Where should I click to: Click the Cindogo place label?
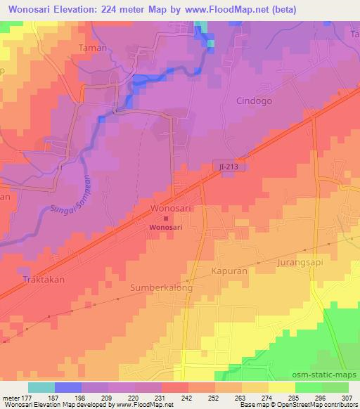point(255,100)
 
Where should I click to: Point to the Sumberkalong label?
point(162,288)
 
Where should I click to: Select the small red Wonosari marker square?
point(156,219)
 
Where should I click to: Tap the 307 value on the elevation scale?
point(348,397)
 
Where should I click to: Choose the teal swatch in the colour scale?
point(41,387)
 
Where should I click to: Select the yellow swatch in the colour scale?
point(282,387)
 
